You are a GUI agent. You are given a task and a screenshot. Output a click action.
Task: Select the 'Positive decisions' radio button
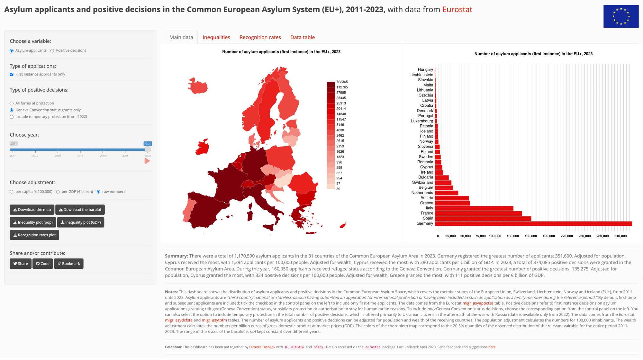pyautogui.click(x=52, y=50)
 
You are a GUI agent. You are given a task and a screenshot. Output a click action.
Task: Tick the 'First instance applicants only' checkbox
pyautogui.click(x=12, y=74)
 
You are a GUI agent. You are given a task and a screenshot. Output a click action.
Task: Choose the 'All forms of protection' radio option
pyautogui.click(x=12, y=104)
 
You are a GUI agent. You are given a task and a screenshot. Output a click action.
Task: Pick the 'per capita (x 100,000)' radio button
pyautogui.click(x=12, y=192)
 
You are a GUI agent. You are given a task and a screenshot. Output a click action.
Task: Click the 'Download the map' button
pyautogui.click(x=32, y=210)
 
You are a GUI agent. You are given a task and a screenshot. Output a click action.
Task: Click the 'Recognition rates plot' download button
pyautogui.click(x=34, y=235)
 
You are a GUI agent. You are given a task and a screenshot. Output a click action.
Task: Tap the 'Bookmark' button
pyautogui.click(x=69, y=264)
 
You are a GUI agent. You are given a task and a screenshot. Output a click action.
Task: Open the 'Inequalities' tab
pyautogui.click(x=216, y=37)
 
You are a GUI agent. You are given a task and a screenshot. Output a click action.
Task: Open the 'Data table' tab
pyautogui.click(x=303, y=37)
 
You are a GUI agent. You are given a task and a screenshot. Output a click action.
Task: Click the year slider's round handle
pyautogui.click(x=148, y=149)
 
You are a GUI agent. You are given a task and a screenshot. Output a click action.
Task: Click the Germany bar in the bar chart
pyautogui.click(x=533, y=224)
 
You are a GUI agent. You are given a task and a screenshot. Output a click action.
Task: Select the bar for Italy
pyautogui.click(x=474, y=208)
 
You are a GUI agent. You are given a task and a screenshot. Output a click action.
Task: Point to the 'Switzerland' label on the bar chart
pyautogui.click(x=422, y=183)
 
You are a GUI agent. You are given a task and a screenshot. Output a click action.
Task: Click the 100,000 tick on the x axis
pyautogui.click(x=495, y=236)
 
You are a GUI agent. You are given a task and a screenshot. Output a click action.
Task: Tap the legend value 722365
pyautogui.click(x=342, y=82)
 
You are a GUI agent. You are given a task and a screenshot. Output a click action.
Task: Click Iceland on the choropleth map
pyautogui.click(x=198, y=86)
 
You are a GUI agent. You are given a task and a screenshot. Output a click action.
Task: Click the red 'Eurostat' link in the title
pyautogui.click(x=457, y=10)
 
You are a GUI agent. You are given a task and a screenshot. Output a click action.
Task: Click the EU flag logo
pyautogui.click(x=621, y=16)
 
